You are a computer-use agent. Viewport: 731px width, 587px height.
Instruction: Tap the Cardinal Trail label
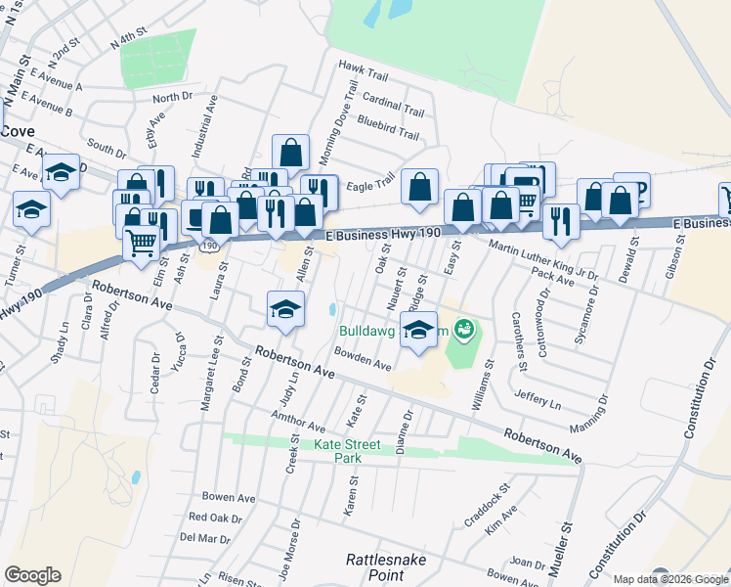point(393,99)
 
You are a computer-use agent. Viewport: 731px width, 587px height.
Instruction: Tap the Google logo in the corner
point(32,575)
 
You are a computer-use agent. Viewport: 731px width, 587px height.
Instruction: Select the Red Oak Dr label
point(215,517)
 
